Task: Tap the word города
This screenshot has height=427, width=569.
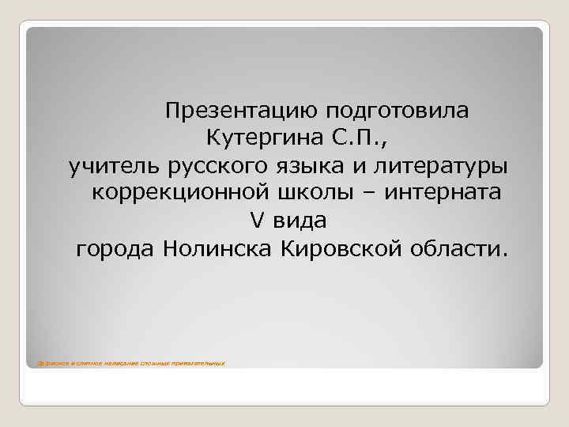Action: (115, 250)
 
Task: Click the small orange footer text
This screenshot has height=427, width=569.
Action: (126, 363)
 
